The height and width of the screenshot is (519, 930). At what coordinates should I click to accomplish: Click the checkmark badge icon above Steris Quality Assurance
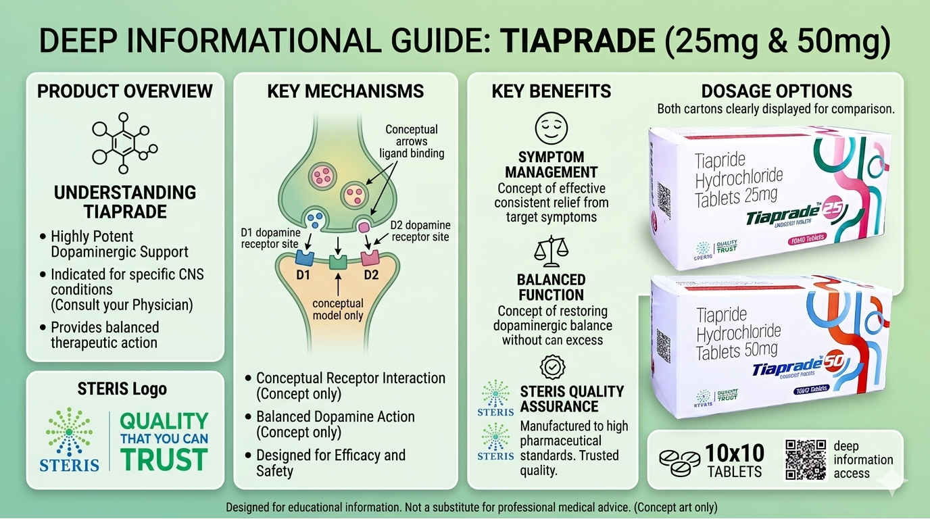552,367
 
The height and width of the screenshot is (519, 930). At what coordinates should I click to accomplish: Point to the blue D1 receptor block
305,257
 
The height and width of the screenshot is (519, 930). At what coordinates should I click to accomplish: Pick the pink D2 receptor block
370,257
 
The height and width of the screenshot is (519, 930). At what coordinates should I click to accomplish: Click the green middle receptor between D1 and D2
338,262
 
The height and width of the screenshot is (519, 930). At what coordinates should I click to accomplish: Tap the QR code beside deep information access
806,460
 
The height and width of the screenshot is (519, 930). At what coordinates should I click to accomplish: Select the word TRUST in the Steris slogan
164,459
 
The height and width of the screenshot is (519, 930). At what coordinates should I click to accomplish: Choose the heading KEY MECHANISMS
345,91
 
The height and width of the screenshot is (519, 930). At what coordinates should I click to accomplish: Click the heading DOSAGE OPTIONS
777,91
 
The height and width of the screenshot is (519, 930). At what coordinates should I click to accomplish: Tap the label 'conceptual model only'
338,310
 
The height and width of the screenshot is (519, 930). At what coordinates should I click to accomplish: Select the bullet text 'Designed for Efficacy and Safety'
331,463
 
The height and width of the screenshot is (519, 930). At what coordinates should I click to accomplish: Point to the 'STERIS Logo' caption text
122,389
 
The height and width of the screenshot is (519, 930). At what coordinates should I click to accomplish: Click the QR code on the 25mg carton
664,199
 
